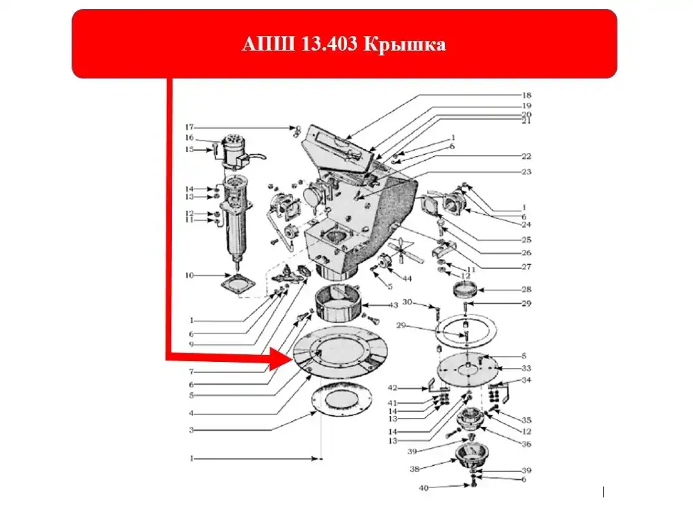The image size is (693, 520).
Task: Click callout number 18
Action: click(527, 95)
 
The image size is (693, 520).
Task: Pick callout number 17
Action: click(188, 127)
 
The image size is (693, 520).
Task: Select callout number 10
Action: click(188, 276)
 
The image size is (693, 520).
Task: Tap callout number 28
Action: click(527, 289)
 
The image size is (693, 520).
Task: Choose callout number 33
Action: click(527, 368)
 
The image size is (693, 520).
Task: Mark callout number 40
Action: click(423, 488)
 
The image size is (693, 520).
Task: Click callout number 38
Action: click(415, 469)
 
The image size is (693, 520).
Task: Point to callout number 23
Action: click(527, 171)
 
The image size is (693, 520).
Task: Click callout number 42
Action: click(412, 388)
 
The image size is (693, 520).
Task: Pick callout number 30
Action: click(407, 302)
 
